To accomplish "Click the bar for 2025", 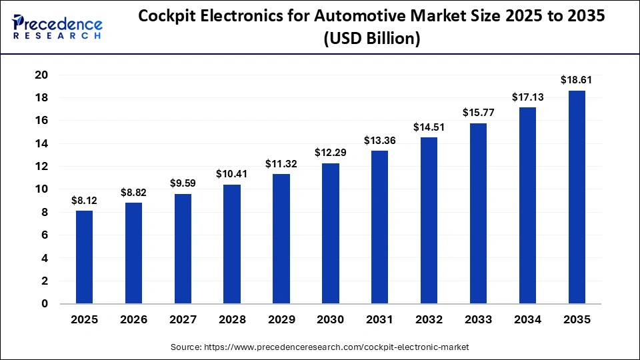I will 84,257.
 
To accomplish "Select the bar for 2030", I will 330,233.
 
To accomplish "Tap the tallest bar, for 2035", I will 577,197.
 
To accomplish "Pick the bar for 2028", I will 232,244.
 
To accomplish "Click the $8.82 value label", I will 133,192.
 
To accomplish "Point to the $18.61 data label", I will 577,80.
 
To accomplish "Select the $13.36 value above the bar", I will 379,140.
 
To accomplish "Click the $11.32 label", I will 281,163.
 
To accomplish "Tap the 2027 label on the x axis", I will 183,320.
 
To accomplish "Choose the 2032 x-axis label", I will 429,320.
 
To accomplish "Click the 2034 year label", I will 527,320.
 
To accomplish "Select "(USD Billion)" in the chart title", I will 372,39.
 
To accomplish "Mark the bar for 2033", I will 478,213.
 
